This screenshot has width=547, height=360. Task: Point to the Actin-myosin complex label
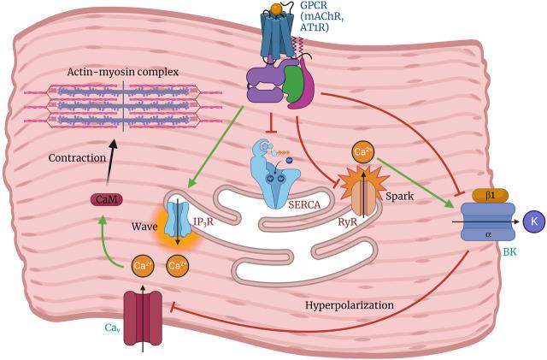tap(122, 71)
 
